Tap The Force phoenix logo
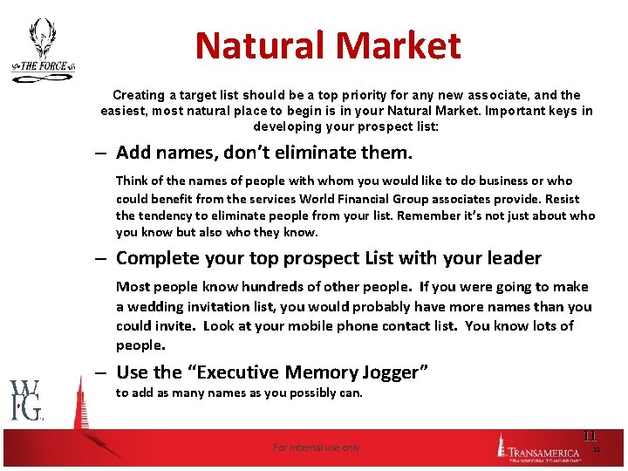(42, 50)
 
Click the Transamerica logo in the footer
(540, 447)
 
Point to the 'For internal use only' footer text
(316, 447)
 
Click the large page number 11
(589, 435)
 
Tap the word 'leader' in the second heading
(513, 258)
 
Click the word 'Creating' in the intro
(138, 94)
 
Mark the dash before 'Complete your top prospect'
(101, 259)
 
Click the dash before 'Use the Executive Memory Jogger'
(101, 373)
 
